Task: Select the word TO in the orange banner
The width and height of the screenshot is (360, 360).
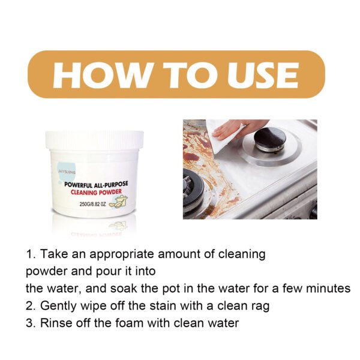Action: point(179,74)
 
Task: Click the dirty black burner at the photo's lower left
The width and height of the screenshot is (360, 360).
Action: point(193,191)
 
